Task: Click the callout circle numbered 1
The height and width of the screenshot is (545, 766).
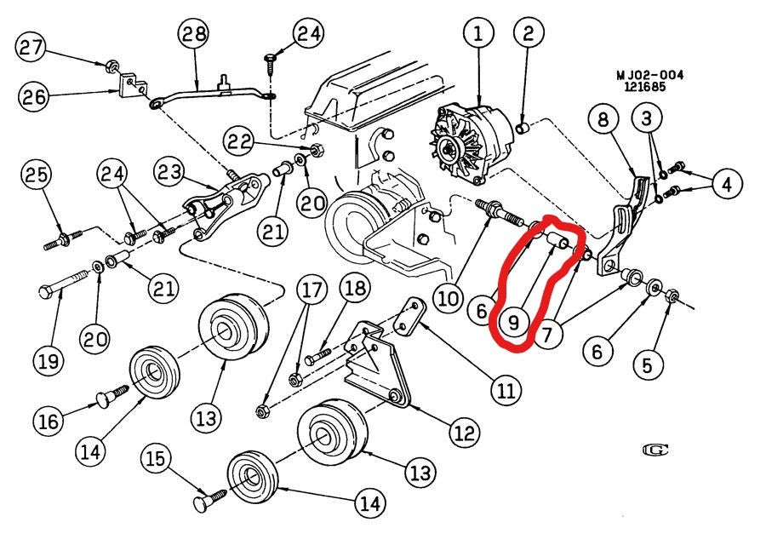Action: [478, 35]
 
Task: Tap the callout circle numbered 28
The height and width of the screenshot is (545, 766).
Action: [193, 35]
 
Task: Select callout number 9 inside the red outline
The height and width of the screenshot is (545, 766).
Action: [513, 323]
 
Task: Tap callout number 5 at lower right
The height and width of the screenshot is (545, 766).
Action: [648, 364]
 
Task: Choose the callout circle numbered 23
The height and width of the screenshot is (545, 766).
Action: [169, 174]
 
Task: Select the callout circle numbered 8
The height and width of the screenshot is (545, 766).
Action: [603, 120]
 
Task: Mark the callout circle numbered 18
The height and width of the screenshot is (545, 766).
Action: [356, 290]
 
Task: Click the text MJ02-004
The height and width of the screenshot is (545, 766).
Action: [649, 75]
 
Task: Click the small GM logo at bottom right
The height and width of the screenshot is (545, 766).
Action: [655, 449]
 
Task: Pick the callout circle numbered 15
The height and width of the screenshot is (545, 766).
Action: [154, 461]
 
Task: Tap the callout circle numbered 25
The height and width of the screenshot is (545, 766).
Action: [35, 176]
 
